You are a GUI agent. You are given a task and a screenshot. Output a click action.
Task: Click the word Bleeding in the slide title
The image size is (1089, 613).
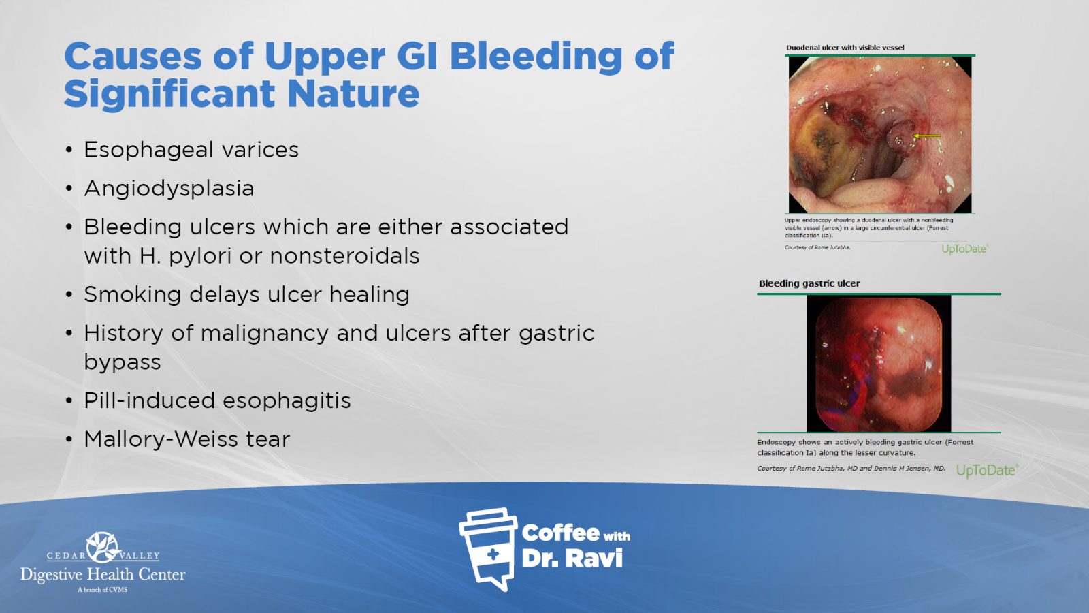[536, 57]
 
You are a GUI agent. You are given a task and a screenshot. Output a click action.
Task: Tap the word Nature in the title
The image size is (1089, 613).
[353, 94]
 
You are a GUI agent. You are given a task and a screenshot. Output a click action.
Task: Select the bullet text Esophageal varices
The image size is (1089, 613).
[191, 150]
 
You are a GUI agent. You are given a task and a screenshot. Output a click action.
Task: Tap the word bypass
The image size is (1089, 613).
[123, 362]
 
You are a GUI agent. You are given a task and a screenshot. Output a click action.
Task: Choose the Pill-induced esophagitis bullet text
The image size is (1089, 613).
[217, 401]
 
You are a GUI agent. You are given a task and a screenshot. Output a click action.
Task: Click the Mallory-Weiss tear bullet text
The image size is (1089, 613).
[187, 439]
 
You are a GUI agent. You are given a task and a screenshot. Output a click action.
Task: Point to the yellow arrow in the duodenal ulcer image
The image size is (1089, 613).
[927, 136]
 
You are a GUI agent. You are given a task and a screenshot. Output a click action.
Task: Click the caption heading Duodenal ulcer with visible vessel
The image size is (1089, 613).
[845, 48]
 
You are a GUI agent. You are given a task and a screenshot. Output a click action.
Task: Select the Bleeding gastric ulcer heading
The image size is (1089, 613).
[809, 283]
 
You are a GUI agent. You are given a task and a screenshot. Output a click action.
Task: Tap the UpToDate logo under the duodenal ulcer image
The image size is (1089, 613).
[964, 249]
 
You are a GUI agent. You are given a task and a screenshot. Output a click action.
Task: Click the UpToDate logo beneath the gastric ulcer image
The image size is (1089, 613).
[986, 471]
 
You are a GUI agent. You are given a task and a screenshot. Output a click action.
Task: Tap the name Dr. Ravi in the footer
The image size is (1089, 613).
[572, 559]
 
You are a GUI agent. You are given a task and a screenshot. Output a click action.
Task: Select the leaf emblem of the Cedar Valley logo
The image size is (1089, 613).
[103, 548]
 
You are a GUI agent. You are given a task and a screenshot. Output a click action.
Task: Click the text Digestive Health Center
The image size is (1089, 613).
[103, 575]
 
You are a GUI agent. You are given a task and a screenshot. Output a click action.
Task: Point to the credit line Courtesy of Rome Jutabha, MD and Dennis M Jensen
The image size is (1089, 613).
[851, 469]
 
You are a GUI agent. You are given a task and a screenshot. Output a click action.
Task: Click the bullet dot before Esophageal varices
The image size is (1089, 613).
[69, 151]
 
